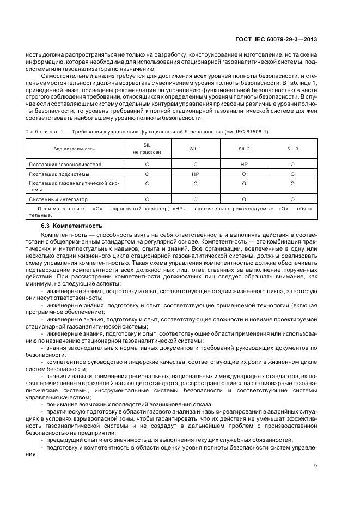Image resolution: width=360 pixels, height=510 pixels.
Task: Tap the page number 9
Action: click(316, 465)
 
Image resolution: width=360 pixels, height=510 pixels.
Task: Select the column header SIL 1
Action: click(196, 149)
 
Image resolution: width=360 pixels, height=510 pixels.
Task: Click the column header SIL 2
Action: click(244, 149)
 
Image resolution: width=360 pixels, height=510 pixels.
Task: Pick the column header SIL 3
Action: click(292, 149)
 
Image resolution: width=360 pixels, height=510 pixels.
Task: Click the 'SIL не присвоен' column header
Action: click(147, 149)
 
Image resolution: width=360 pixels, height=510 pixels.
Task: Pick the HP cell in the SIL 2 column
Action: click(244, 164)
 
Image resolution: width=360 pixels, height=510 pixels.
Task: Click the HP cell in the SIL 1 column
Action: click(196, 174)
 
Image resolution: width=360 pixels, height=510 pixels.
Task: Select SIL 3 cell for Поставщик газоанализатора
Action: click(292, 164)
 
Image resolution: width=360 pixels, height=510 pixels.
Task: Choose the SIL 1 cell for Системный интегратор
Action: click(196, 199)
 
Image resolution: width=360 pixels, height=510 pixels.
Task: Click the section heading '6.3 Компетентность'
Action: click(72, 225)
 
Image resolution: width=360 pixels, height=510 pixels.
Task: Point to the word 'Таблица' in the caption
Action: click(40, 132)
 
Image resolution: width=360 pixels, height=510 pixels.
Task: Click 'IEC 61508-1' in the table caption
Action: click(253, 132)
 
